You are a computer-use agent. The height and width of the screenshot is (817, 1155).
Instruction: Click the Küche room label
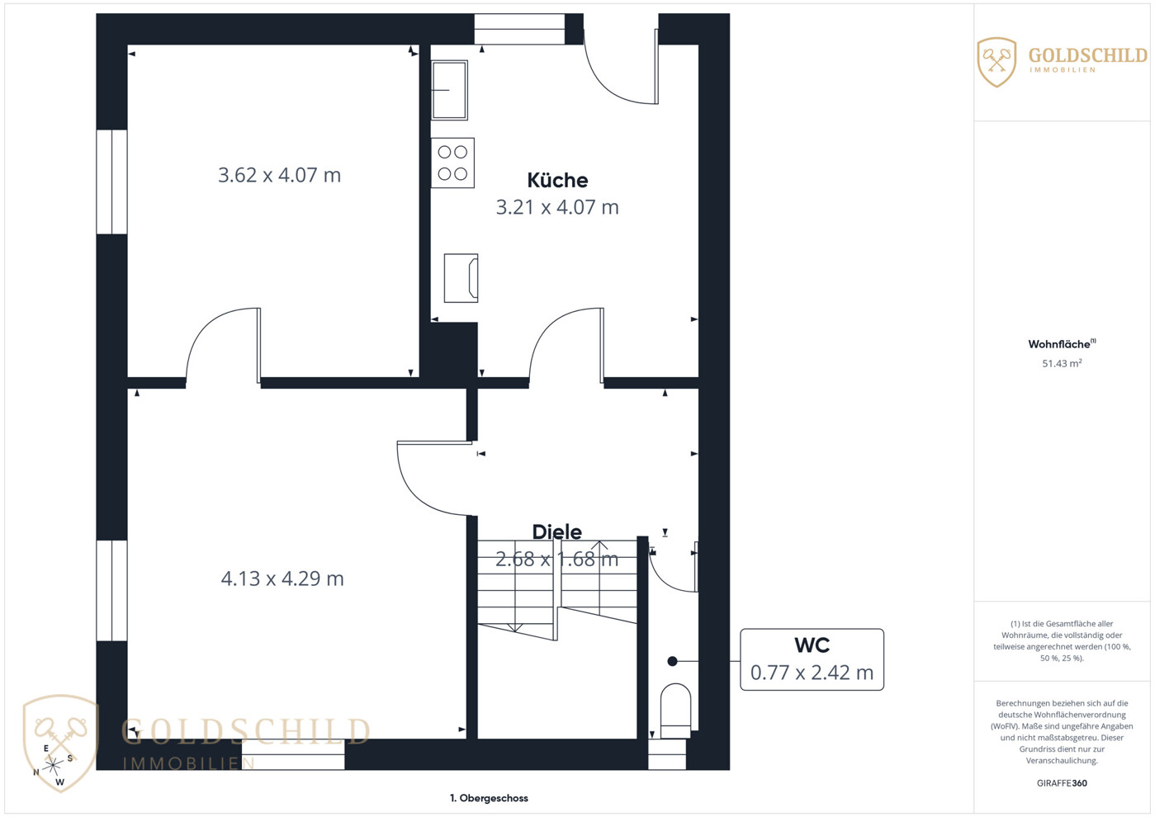(x=557, y=181)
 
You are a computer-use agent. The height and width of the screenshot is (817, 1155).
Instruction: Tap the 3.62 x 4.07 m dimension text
(x=280, y=175)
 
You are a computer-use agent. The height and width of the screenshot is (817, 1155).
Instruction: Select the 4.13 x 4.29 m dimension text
(x=282, y=579)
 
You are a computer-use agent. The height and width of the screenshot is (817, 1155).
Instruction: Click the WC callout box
(x=812, y=659)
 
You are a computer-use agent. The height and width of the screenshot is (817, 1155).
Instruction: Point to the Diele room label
(x=557, y=532)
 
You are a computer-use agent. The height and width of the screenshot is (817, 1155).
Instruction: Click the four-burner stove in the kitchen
(x=452, y=163)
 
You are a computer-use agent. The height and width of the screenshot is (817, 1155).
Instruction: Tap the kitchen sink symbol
(x=450, y=90)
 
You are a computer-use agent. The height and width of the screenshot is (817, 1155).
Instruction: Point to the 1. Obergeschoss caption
(x=489, y=798)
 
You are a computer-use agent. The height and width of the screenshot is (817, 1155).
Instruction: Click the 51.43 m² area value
(x=1062, y=363)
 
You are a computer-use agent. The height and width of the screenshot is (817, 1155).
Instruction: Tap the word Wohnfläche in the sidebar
(x=1059, y=344)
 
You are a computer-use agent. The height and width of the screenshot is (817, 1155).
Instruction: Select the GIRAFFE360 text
(x=1062, y=783)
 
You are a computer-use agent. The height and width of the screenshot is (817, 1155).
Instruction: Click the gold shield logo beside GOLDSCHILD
(x=996, y=62)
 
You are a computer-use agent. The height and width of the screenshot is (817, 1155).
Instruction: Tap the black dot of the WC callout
(x=672, y=661)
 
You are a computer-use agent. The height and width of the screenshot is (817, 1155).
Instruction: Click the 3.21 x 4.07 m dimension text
(x=557, y=207)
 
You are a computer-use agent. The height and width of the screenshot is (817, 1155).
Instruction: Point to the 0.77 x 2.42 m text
(x=812, y=673)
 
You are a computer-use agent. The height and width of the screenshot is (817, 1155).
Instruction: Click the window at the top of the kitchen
(x=519, y=29)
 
